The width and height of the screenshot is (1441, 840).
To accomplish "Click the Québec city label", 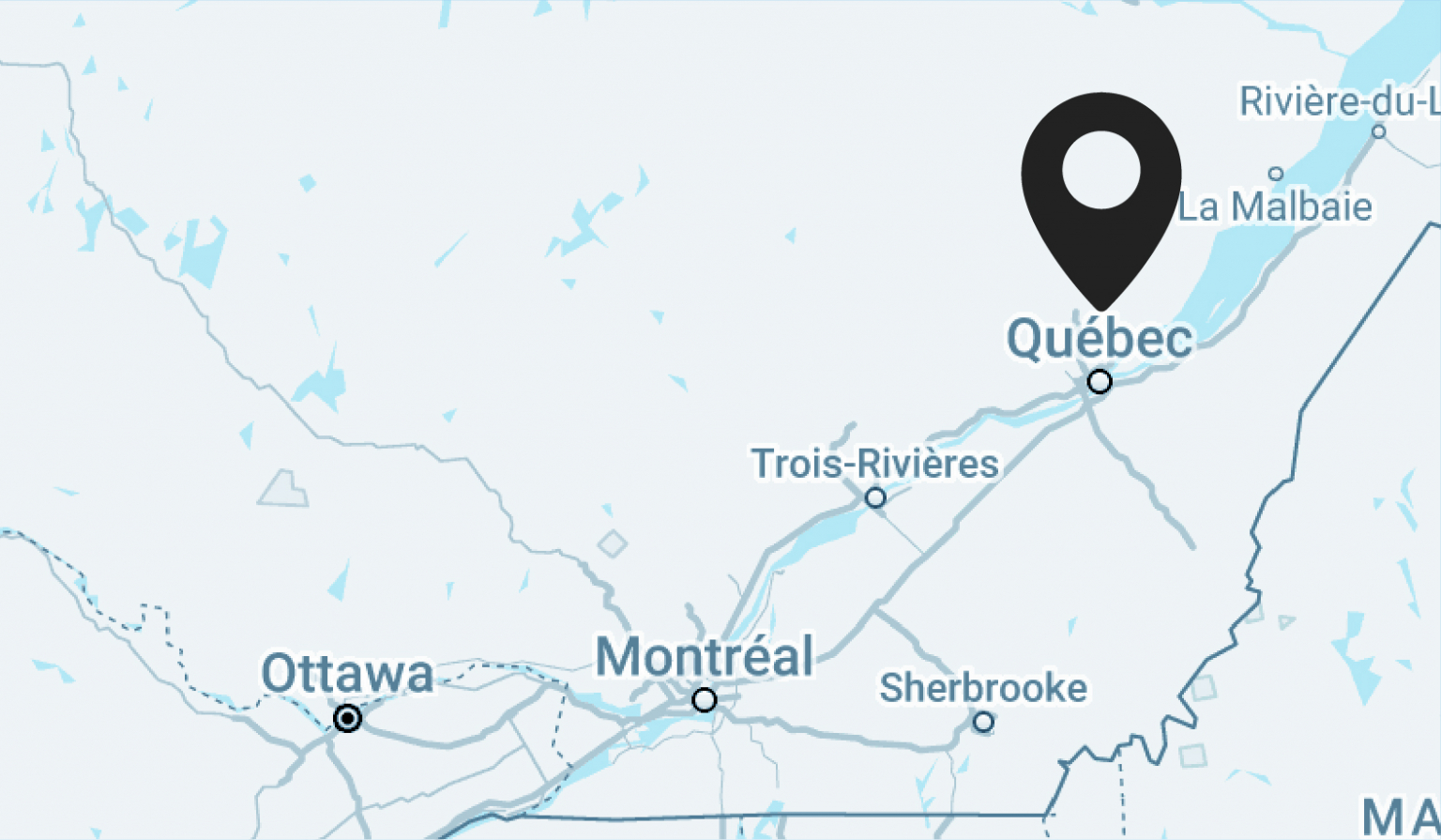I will click(1100, 338).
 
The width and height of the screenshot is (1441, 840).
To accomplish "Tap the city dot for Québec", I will click(1100, 382).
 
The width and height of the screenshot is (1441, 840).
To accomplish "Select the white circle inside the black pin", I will click(1100, 170).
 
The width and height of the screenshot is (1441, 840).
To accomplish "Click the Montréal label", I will click(705, 656).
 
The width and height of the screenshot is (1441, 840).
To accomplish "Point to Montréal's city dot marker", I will click(705, 699).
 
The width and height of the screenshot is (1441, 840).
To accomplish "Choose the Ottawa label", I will click(347, 674).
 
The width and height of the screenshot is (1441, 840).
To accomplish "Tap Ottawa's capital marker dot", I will click(348, 719).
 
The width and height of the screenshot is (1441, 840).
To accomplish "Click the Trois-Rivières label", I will click(874, 464).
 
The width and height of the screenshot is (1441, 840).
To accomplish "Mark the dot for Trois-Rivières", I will click(875, 497).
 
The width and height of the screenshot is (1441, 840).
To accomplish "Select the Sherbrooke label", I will click(982, 688).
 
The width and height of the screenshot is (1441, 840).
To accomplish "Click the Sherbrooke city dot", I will click(983, 722).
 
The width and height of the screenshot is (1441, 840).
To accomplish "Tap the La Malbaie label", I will click(1275, 207).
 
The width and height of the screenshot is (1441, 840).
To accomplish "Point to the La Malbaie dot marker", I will click(1276, 174).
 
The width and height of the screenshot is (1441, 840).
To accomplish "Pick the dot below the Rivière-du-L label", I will click(1378, 131).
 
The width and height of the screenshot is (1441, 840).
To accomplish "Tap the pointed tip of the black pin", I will click(1100, 307).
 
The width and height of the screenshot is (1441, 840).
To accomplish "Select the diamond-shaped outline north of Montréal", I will click(613, 543).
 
